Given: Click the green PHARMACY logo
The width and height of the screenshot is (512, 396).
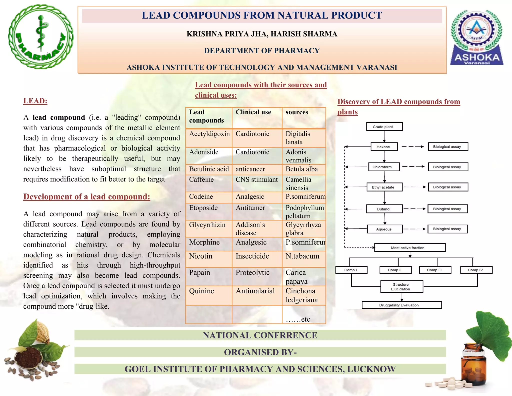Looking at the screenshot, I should coord(41,37).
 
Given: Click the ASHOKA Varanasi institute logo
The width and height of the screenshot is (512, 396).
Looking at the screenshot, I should coord(477,38).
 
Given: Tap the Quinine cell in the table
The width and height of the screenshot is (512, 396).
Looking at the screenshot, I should coord(201,291).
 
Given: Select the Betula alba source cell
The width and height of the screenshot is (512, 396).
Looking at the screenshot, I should coord(302,169).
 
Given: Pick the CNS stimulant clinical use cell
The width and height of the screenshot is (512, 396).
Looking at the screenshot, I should coord(256,180).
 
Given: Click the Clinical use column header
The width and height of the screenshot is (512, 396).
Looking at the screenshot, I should coord(253,112).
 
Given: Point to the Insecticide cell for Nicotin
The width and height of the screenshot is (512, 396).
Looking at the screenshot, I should coord(252,256).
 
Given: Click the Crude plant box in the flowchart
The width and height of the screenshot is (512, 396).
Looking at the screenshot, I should coord(384,127).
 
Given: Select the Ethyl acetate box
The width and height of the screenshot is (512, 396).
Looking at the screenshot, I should coord(384,187).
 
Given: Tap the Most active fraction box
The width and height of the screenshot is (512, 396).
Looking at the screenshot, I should coord(409,248).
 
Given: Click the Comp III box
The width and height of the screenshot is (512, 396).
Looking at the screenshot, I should coord(435,270).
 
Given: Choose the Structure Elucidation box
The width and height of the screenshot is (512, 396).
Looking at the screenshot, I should coord(401,287).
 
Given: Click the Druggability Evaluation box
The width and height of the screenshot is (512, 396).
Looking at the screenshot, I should coord(401,305).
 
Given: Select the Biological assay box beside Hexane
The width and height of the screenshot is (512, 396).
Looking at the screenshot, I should coord(448,147).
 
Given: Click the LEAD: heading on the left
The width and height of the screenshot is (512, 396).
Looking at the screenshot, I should coord(35,101).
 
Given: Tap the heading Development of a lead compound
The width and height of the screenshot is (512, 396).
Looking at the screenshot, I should coord(87,197).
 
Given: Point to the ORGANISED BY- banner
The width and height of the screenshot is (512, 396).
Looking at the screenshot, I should coord(260,352).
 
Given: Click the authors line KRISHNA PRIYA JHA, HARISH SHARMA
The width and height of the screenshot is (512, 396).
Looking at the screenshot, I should coord(262,34).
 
